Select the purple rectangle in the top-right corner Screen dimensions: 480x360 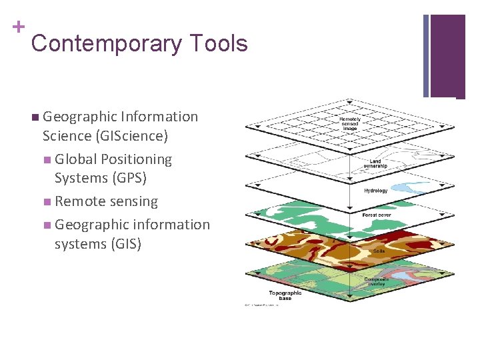point(447,55)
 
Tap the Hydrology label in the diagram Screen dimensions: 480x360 point(375,191)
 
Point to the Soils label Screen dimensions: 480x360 point(379,251)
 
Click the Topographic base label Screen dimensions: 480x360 point(285,295)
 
